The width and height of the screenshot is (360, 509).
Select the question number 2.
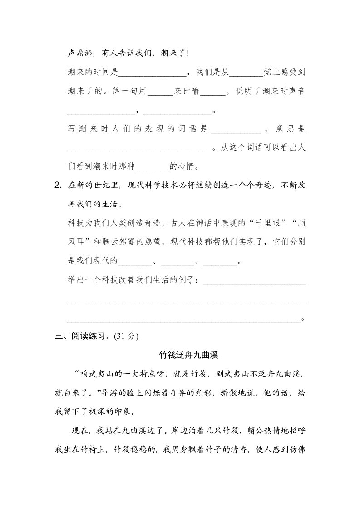57,185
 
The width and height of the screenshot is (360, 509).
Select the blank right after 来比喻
212,93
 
